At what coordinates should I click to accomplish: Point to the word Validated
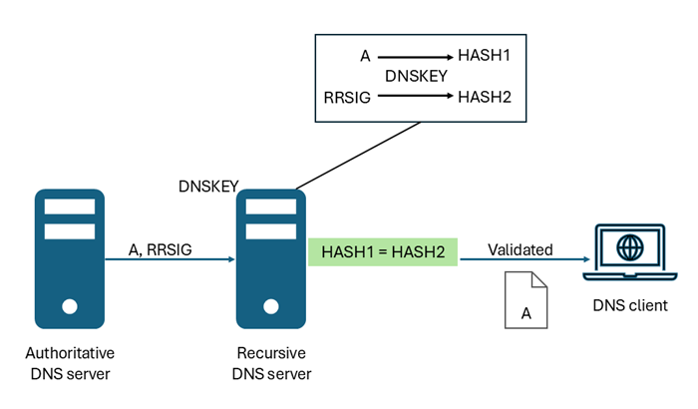(x=520, y=249)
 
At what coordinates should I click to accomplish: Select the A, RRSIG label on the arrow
(x=164, y=249)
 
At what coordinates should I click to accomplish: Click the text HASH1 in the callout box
(x=484, y=57)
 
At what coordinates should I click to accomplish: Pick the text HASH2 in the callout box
(x=484, y=97)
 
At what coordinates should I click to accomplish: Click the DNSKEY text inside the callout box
(x=417, y=77)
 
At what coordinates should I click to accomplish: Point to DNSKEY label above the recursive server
(x=208, y=186)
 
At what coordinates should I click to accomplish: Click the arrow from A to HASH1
(x=414, y=57)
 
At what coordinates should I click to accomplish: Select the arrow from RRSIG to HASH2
(x=414, y=97)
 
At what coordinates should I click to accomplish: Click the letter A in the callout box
(x=365, y=57)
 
